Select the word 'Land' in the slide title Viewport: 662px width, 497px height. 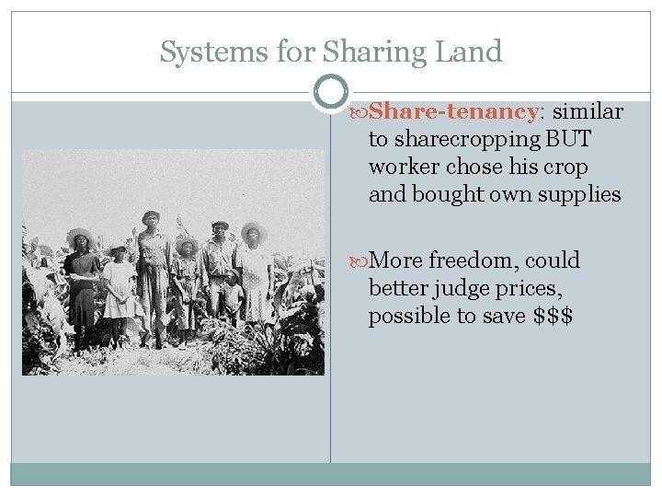pos(472,52)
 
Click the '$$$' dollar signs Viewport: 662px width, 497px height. pos(554,316)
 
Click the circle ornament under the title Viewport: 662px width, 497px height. pos(331,92)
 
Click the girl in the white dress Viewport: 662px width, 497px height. pos(119,290)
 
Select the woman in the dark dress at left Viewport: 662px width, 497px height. pos(83,281)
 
